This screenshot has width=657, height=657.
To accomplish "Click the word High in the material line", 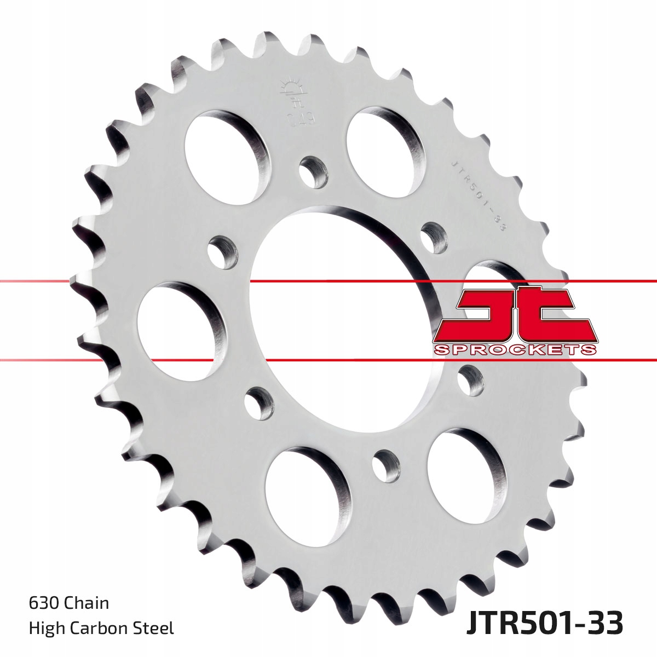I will (45, 628).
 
